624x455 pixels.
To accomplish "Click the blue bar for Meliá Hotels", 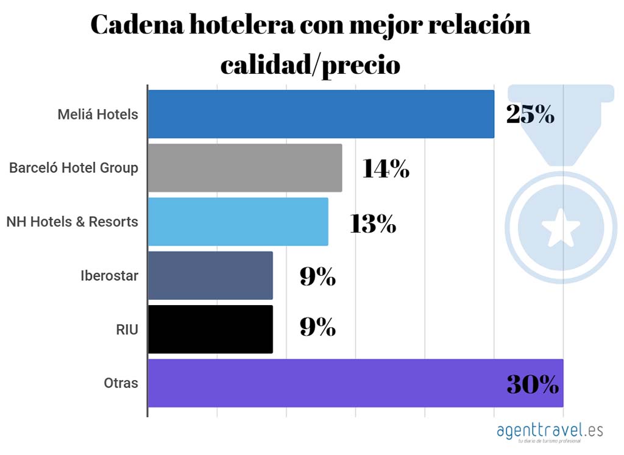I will [x=321, y=114].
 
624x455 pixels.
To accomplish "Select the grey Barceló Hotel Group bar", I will [x=244, y=168].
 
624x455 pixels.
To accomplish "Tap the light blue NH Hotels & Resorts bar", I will [x=238, y=222].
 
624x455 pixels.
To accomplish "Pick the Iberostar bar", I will [x=210, y=275].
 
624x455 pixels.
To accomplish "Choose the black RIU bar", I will [x=210, y=329].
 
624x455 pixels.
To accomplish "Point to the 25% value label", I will [x=530, y=115].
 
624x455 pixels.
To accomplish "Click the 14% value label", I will [x=386, y=169].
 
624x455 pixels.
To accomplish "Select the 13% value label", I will [x=373, y=223].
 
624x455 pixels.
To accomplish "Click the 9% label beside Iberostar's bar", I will [x=317, y=277].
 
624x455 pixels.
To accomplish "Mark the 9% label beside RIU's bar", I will [x=317, y=328].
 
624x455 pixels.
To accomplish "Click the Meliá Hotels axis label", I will [x=98, y=114].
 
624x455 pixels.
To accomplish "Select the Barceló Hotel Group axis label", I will [x=74, y=168].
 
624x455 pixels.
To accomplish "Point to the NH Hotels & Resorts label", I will [x=72, y=222].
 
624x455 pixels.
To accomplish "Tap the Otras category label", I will [x=121, y=383].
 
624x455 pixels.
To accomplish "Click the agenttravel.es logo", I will [x=550, y=431].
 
